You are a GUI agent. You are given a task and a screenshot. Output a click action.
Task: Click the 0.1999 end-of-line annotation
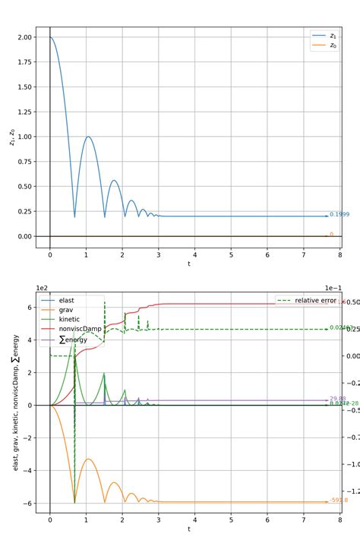(x=339, y=215)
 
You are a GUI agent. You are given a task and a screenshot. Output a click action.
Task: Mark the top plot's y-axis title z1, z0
(x=11, y=137)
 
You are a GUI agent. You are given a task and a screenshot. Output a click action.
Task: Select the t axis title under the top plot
(x=188, y=264)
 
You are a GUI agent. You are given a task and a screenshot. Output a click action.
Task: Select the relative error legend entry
(x=315, y=301)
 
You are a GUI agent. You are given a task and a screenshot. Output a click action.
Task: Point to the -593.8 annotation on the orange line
(x=339, y=501)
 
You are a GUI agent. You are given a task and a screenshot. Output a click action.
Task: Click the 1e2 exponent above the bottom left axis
(x=43, y=288)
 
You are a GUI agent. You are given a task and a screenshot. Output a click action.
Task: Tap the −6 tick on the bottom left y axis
(x=25, y=503)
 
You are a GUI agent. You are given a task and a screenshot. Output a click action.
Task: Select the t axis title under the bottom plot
(x=188, y=529)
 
